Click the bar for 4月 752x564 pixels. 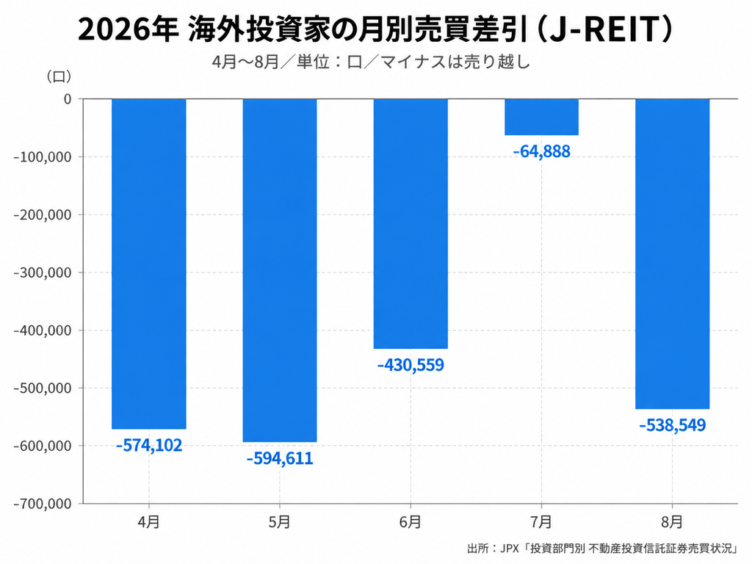click(x=148, y=264)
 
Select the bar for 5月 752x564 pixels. click(x=280, y=270)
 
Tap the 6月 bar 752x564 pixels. click(x=411, y=223)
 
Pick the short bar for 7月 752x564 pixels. click(x=541, y=117)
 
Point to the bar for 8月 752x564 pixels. click(x=673, y=253)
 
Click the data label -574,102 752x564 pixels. click(x=149, y=446)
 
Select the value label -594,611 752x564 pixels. click(x=280, y=458)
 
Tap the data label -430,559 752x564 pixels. click(x=411, y=365)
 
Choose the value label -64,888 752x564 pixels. click(x=541, y=151)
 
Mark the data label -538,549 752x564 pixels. click(x=673, y=425)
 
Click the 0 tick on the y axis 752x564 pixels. click(x=68, y=99)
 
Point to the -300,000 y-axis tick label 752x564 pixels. click(x=42, y=272)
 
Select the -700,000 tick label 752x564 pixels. click(x=42, y=504)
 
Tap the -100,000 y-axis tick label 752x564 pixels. click(x=42, y=157)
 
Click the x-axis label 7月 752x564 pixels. click(x=541, y=522)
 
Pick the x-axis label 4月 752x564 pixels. click(x=148, y=522)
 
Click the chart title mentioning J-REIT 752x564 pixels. click(x=375, y=29)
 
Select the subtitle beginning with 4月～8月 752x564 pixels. click(x=371, y=62)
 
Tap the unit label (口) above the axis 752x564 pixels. click(x=59, y=76)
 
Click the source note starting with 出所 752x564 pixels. click(x=602, y=548)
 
